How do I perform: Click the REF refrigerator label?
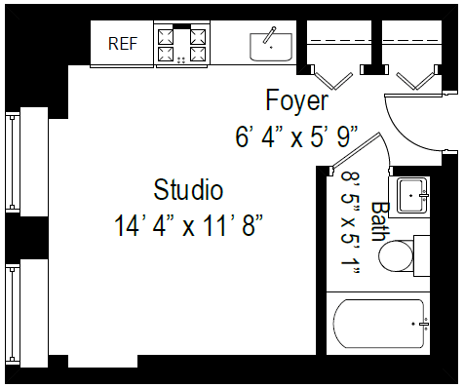(122, 43)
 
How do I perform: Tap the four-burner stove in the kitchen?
(184, 44)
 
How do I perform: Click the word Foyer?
(297, 100)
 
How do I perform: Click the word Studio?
(188, 189)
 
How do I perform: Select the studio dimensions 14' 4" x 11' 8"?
(189, 226)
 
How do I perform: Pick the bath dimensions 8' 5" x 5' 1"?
(351, 223)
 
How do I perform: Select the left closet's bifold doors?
(331, 74)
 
